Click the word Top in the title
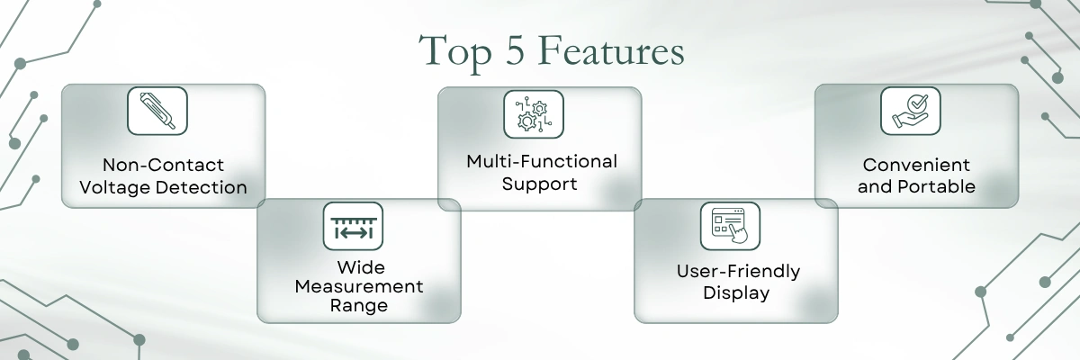[455, 52]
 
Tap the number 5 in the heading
[515, 49]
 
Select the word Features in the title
[611, 50]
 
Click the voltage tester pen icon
[157, 111]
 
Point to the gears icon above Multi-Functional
[534, 114]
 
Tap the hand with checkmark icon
[910, 111]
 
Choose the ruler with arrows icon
[353, 226]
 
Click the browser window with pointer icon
[730, 226]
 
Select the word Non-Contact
[164, 165]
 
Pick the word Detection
[202, 187]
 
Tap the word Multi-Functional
[542, 161]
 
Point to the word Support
[539, 184]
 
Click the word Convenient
[916, 165]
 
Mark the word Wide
[361, 267]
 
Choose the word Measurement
[359, 286]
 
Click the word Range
[359, 305]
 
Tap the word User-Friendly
[738, 271]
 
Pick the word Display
[736, 293]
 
